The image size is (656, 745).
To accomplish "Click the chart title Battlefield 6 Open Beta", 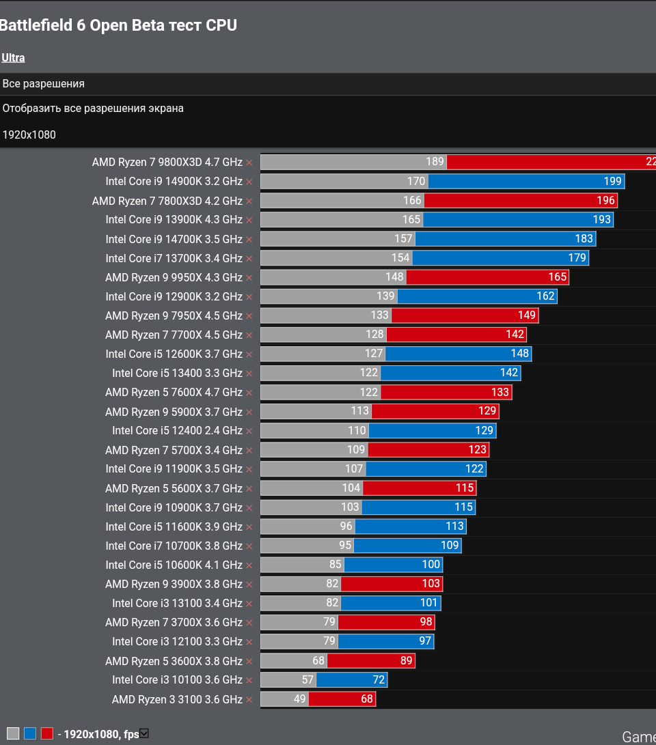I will [118, 26].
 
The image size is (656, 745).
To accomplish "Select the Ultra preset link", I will [14, 58].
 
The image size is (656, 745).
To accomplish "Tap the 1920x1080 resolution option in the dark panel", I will [29, 135].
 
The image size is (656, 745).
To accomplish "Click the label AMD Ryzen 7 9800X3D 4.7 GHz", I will [167, 163].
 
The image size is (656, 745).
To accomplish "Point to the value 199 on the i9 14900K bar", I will [612, 182].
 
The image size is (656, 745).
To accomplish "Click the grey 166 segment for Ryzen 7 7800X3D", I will [342, 201].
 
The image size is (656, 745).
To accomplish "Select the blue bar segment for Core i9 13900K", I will [517, 220].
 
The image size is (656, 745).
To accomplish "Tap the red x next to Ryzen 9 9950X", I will [249, 278].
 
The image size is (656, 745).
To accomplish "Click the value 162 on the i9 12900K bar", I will [545, 296].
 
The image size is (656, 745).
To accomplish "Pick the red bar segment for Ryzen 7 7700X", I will [456, 335].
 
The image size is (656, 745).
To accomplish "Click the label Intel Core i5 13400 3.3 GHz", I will [177, 374].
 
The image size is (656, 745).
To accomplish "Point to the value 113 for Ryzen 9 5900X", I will [360, 411].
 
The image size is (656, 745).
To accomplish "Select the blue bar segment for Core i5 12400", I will [432, 431].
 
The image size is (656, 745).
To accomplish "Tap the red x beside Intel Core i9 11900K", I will [249, 469].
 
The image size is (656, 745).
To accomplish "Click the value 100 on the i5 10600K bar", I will [431, 565].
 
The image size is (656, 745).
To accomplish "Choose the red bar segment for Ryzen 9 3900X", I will [392, 584].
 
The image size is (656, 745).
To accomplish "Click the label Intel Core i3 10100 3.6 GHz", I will [177, 680].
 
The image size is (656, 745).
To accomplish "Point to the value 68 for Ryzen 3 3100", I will [367, 699].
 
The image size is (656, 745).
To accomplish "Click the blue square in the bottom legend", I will [30, 733].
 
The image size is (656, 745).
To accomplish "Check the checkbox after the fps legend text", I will [144, 733].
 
